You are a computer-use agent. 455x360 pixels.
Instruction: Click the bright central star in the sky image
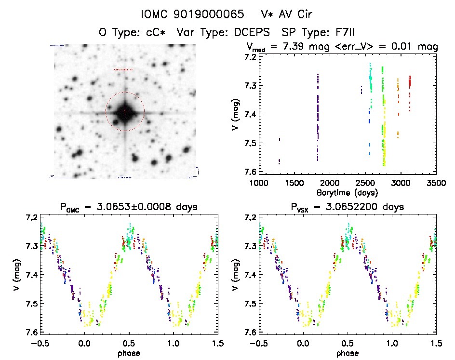[124, 112]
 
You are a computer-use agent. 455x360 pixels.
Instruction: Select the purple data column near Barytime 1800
[318, 116]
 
